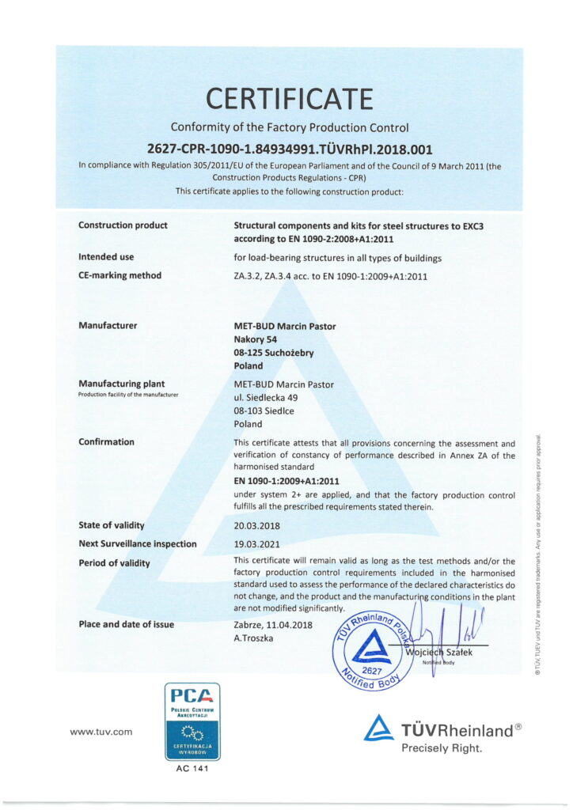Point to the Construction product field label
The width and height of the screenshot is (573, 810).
(123, 225)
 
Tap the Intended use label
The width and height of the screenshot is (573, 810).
(106, 257)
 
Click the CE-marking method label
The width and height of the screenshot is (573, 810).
(120, 275)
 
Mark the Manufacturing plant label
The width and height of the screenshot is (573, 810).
(121, 384)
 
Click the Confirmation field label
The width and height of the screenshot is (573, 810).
(106, 442)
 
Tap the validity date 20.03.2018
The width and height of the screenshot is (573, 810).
(257, 525)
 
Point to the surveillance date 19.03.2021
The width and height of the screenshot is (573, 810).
(257, 544)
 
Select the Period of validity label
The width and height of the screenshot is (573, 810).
(115, 563)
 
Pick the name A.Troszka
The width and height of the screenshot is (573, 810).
(253, 638)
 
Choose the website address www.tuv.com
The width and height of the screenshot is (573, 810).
(101, 732)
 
